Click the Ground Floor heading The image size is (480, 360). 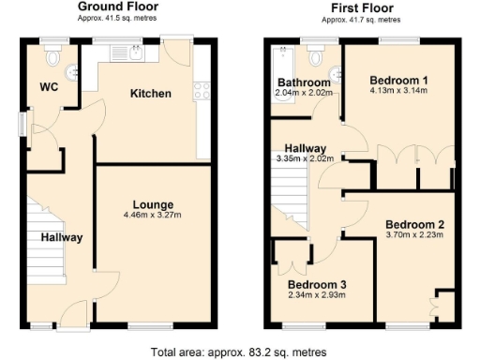point(116,7)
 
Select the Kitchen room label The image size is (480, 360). point(150,94)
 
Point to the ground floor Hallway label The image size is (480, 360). point(61,237)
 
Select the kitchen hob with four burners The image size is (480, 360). point(201,91)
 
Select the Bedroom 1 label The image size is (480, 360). point(400,80)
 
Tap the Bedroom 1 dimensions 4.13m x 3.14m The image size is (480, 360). point(400,91)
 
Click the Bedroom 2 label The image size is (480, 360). point(413,224)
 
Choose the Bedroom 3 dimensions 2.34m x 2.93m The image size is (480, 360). point(316,295)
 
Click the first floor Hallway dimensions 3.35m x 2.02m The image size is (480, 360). point(307,159)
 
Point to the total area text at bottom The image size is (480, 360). point(239,352)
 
